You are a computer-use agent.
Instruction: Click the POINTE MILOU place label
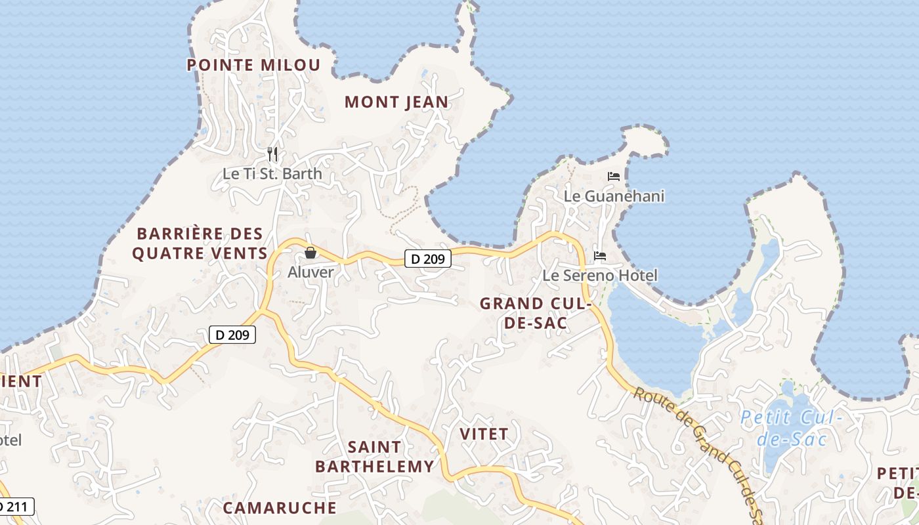click(x=253, y=65)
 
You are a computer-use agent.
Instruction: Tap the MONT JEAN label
click(x=396, y=102)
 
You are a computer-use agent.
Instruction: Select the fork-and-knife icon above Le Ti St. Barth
click(x=272, y=154)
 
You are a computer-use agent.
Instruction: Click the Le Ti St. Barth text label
click(x=272, y=174)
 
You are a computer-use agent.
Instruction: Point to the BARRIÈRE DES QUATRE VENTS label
click(x=200, y=243)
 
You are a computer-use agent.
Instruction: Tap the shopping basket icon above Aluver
click(x=310, y=253)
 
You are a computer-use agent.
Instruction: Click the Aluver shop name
click(x=310, y=272)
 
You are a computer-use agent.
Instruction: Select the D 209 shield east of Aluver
click(x=427, y=259)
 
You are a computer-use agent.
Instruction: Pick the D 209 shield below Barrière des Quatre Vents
click(x=232, y=335)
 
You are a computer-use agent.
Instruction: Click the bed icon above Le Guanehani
click(x=614, y=176)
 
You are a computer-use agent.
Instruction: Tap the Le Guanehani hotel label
click(x=614, y=196)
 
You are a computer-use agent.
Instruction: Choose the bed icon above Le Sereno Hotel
click(x=600, y=255)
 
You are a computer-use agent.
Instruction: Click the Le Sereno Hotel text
click(x=600, y=275)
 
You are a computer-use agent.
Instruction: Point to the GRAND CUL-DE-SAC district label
click(x=536, y=313)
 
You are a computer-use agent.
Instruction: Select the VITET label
click(x=484, y=434)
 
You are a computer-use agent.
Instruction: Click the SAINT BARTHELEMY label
click(x=374, y=456)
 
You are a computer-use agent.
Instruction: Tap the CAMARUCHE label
click(x=280, y=507)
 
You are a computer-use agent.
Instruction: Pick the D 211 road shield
click(x=14, y=507)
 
